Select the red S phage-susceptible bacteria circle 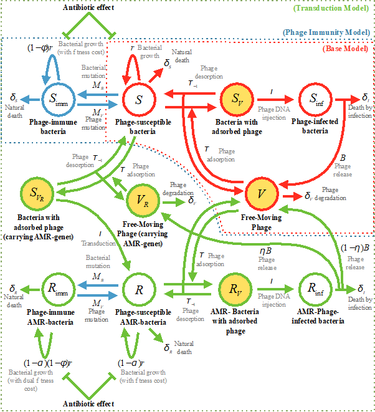[140, 98]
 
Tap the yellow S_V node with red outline [237, 98]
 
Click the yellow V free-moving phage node [263, 194]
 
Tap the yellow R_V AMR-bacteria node [237, 290]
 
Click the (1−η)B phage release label [355, 247]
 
